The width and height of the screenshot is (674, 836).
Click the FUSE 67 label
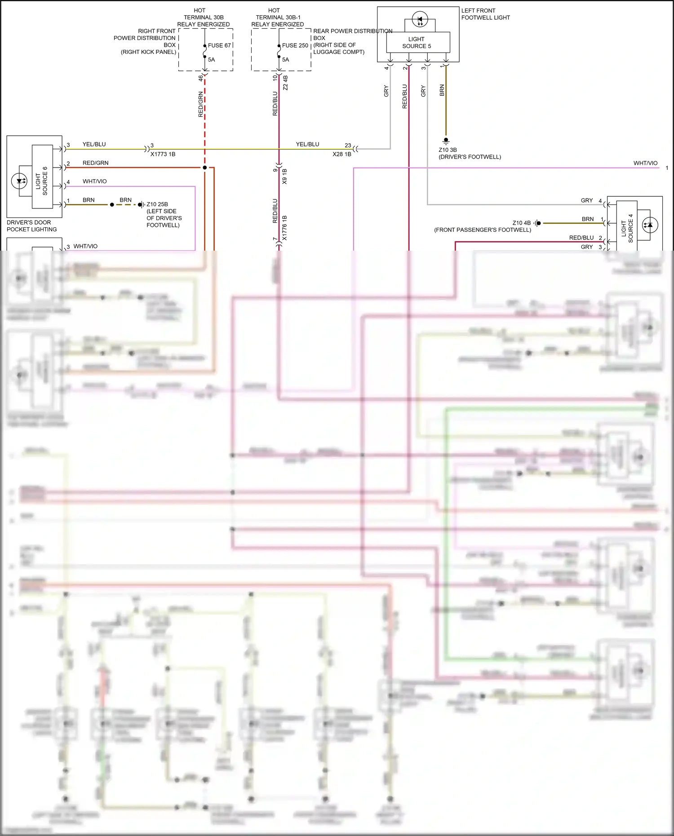click(x=219, y=45)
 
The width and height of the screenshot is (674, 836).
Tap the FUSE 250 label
click(x=295, y=45)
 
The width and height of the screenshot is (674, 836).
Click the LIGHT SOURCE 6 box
click(x=42, y=177)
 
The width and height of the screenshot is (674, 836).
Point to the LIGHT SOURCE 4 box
click(x=627, y=228)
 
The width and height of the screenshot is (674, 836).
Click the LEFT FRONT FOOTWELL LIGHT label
click(x=485, y=14)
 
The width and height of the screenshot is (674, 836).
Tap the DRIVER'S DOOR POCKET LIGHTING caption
click(x=31, y=226)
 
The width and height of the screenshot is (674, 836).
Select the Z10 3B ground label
click(x=448, y=150)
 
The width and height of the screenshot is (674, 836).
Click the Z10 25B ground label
click(x=157, y=204)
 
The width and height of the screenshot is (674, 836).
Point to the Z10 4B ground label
click(x=521, y=223)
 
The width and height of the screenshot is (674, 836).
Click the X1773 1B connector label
click(x=163, y=154)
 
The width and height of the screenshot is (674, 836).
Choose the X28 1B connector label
click(x=342, y=154)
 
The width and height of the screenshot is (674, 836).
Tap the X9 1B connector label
click(x=284, y=176)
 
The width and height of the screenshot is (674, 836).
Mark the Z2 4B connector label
click(x=285, y=83)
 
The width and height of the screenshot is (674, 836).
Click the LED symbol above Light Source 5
click(x=420, y=20)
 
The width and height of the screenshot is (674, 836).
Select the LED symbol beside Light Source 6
click(x=19, y=181)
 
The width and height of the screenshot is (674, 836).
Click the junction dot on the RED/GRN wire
click(x=204, y=168)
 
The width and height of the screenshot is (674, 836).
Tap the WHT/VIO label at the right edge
click(x=645, y=163)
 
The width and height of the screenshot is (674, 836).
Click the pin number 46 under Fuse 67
click(x=200, y=78)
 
